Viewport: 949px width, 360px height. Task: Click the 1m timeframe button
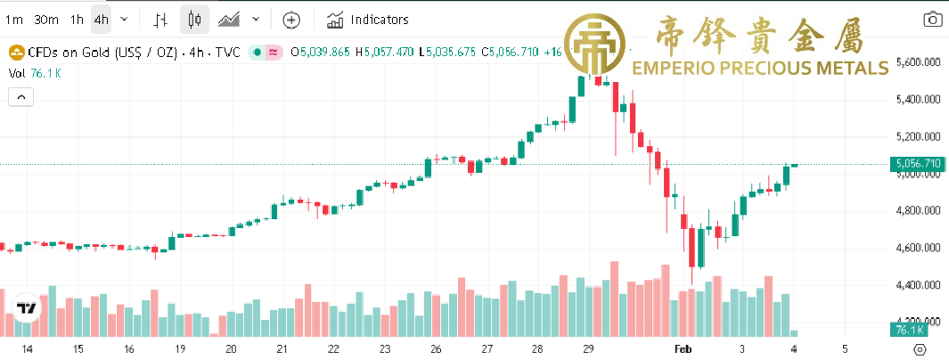(x=13, y=19)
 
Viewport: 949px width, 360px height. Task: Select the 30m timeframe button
(x=46, y=19)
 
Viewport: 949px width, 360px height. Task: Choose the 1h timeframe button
(x=77, y=19)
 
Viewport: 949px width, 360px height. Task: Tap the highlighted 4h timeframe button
(x=102, y=19)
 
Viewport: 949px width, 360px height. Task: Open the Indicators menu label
(x=380, y=19)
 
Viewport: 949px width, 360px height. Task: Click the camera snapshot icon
(x=933, y=19)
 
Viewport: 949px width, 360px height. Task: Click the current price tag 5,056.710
(x=917, y=164)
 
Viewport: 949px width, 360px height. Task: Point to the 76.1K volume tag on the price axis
(x=906, y=331)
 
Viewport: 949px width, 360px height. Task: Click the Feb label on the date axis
(x=683, y=349)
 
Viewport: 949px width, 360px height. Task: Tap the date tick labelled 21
(x=282, y=349)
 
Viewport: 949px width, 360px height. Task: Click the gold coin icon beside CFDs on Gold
(x=15, y=53)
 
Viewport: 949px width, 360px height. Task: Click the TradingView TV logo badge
(x=27, y=309)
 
